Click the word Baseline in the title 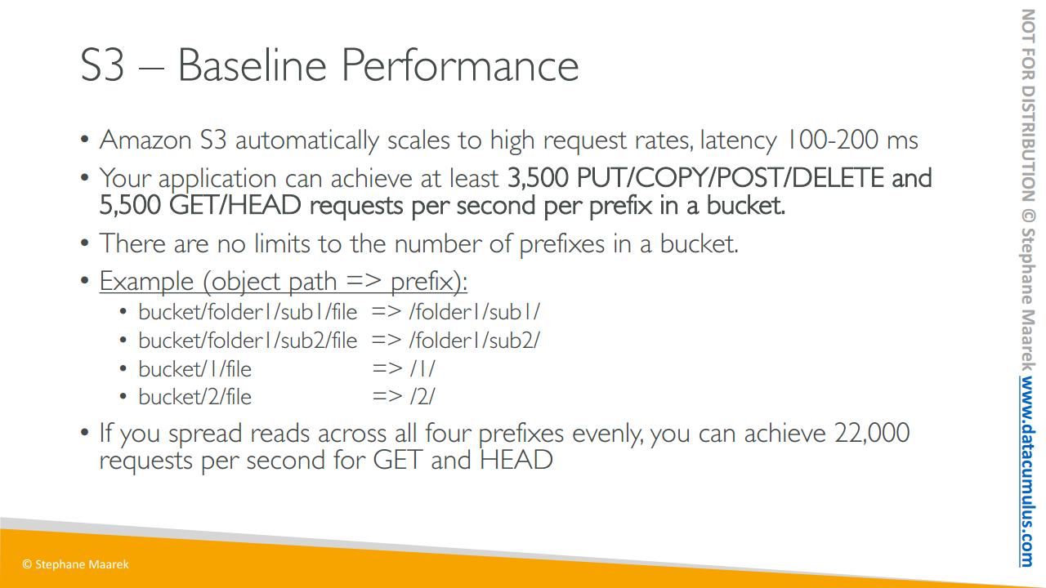pos(253,65)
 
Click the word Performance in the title pos(460,65)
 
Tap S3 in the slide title pos(102,65)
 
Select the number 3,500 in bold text pos(538,178)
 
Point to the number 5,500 pos(130,205)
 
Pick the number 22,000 pos(872,433)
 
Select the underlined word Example pos(146,282)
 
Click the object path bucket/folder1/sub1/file pos(248,312)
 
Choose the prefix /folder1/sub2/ pos(475,341)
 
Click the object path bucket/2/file pos(194,397)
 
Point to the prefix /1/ pos(422,369)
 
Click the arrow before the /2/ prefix pos(387,397)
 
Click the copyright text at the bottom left pos(75,564)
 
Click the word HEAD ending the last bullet pos(516,460)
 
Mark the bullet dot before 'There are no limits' pos(84,243)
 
